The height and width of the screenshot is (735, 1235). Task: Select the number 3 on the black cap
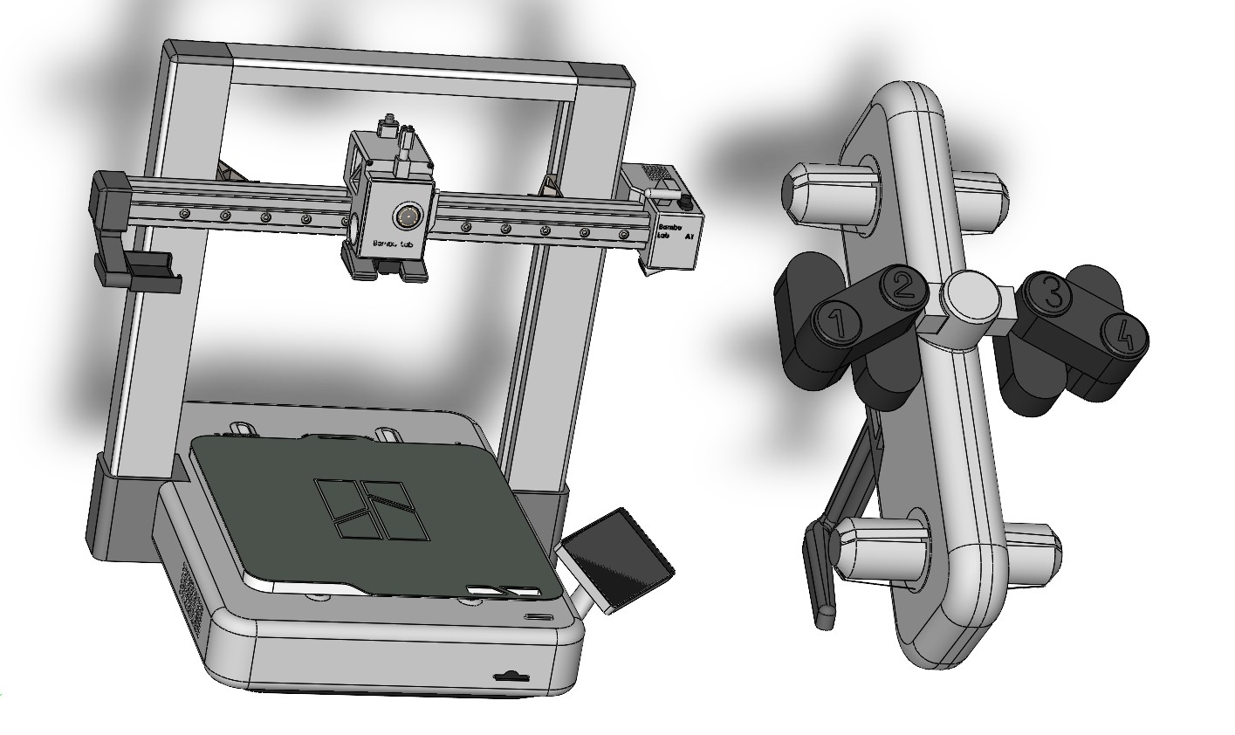tap(1053, 293)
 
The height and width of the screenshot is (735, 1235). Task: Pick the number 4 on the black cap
tap(1124, 335)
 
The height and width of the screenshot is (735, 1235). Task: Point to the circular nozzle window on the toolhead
tap(405, 216)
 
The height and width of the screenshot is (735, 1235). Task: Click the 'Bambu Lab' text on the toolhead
tap(391, 244)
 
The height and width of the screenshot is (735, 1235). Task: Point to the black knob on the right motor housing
tap(685, 203)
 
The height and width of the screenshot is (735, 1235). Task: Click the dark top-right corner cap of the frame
tap(607, 75)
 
